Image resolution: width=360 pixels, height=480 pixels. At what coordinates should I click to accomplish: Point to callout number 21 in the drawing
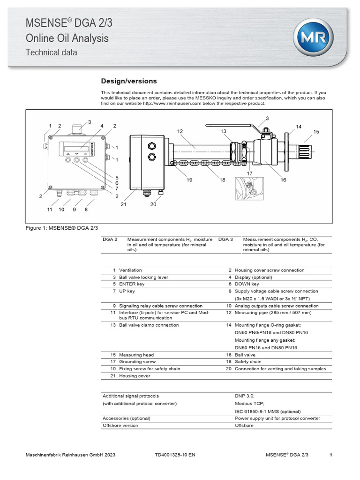[124, 204]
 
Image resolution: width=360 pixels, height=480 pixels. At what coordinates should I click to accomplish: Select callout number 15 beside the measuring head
[316, 132]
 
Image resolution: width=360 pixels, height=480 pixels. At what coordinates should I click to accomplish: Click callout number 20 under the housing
[152, 204]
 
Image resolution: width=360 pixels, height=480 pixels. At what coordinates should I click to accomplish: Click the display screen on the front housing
[75, 147]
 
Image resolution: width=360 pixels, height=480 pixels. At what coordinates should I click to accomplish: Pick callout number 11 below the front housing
[49, 210]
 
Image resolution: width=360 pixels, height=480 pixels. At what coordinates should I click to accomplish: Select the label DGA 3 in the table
[225, 240]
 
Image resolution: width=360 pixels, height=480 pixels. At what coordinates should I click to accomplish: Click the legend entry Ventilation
[130, 270]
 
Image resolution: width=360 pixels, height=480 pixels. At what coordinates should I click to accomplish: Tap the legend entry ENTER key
[132, 284]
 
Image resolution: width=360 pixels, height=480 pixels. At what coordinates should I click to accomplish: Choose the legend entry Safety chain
[248, 362]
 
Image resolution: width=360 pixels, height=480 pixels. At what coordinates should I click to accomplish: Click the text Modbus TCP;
[249, 403]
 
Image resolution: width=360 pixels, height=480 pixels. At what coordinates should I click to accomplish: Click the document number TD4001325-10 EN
[175, 455]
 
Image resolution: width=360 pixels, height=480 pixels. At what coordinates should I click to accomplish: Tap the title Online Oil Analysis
[67, 38]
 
